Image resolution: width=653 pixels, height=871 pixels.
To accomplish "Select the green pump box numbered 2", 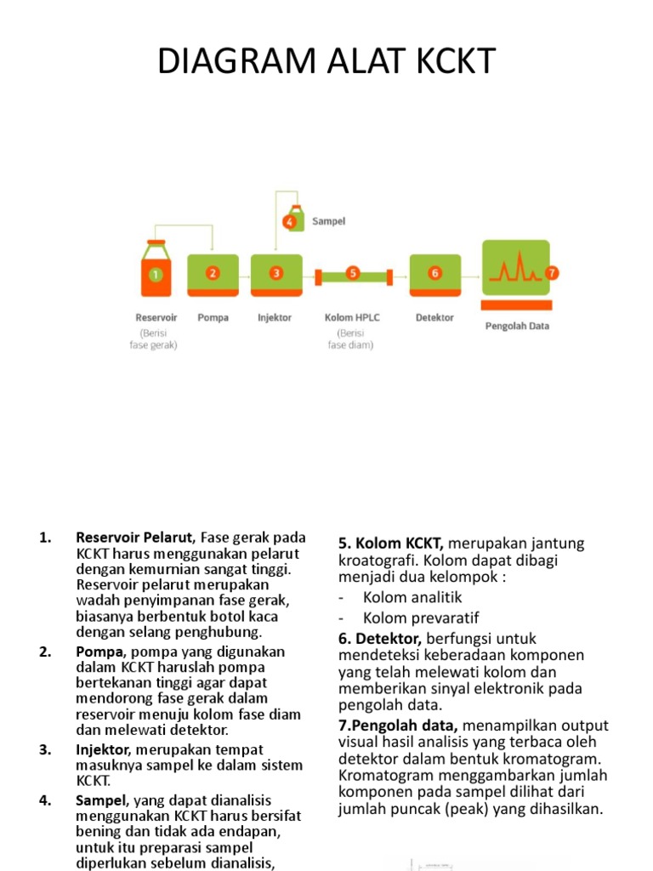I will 213,274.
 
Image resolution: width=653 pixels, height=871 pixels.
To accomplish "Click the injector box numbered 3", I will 275,274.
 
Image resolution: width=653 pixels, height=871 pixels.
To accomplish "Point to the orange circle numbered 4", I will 290,222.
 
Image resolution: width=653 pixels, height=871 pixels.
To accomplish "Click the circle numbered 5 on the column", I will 353,274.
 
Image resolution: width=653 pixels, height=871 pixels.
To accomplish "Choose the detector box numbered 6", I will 434,274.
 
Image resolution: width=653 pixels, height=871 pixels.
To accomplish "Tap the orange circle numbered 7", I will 553,273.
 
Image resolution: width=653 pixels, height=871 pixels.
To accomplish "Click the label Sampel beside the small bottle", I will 328,221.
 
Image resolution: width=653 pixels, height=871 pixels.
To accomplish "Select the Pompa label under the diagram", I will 213,318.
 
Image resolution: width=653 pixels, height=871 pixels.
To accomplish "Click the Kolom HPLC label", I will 352,318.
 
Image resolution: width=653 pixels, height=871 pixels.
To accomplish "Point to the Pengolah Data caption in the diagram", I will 517,326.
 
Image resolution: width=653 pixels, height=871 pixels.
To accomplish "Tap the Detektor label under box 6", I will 434,318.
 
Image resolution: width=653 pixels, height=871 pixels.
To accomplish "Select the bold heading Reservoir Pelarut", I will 135,538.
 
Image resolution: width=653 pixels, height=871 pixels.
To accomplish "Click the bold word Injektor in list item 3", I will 101,749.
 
